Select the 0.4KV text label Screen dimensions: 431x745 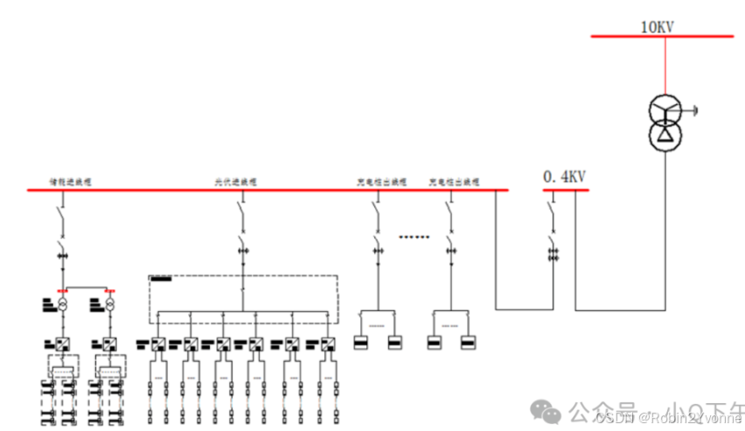563,177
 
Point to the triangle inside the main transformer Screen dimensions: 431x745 665,134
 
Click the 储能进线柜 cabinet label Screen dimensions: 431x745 70,182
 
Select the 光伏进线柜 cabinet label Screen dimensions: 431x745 236,182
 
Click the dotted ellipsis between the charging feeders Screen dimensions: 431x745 414,236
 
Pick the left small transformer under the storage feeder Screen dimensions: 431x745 63,306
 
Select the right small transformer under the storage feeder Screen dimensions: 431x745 109,306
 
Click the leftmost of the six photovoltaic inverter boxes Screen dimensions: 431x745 158,344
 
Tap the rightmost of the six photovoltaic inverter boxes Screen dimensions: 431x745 328,344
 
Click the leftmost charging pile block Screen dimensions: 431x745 360,343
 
